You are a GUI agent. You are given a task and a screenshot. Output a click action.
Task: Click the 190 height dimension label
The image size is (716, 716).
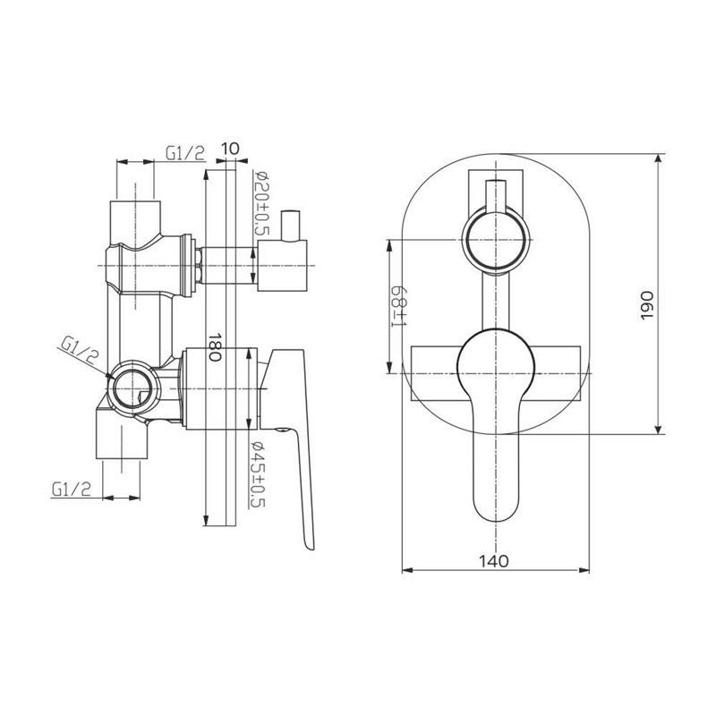pos(648,305)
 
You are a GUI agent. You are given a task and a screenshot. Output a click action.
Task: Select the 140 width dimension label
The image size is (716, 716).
pos(494,560)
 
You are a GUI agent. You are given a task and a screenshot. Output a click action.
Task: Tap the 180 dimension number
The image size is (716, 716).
pos(215,346)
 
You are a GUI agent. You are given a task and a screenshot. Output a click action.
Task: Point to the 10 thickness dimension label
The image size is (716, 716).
pos(230,149)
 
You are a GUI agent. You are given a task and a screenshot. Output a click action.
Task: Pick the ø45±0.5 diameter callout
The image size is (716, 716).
pos(259,474)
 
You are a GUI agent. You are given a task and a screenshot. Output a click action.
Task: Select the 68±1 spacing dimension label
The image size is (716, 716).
pos(399,306)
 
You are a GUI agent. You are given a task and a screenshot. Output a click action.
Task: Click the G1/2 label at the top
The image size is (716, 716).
pos(185,153)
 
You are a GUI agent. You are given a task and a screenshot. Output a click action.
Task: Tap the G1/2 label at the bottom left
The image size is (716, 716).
pos(72,490)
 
